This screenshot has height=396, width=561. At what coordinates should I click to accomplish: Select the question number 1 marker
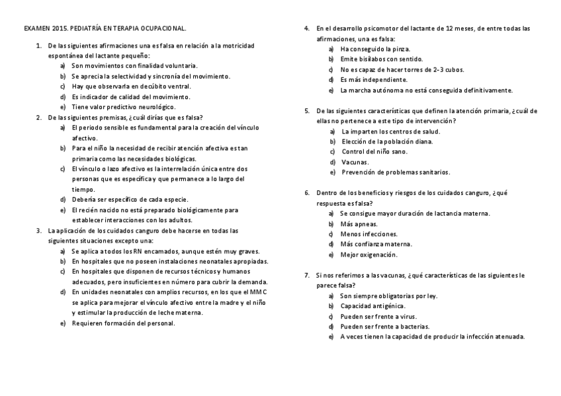pyautogui.click(x=38, y=45)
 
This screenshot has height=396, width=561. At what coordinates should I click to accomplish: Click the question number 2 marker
pyautogui.click(x=38, y=117)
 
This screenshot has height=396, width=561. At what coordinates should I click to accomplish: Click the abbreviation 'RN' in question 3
pyautogui.click(x=137, y=251)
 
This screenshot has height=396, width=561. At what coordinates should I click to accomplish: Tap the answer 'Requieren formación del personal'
pyautogui.click(x=123, y=323)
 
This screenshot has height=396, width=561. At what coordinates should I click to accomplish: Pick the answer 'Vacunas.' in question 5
pyautogui.click(x=355, y=162)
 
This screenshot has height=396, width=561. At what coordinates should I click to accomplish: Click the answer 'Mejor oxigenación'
pyautogui.click(x=368, y=255)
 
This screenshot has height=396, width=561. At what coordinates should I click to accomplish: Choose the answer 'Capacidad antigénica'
pyautogui.click(x=373, y=306)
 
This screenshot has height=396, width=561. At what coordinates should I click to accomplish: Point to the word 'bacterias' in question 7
pyautogui.click(x=413, y=326)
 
